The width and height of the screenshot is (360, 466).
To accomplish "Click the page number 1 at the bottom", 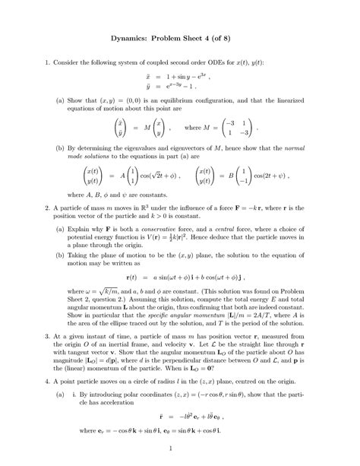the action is click(x=180, y=446).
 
